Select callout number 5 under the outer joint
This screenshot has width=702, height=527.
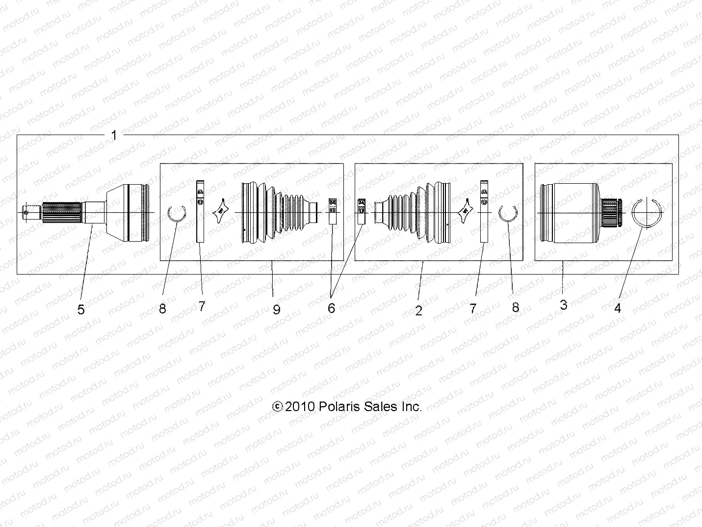[81, 309]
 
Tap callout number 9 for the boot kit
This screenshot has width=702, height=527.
[277, 309]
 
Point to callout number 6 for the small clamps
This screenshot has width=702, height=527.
[331, 308]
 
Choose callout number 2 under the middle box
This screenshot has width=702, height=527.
[418, 310]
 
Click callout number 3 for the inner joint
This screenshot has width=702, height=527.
[564, 305]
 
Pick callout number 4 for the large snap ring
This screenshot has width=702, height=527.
[618, 308]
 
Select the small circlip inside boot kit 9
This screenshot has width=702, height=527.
[177, 214]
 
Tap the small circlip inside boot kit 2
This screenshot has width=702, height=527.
[509, 213]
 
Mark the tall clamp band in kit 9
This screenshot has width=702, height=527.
[200, 212]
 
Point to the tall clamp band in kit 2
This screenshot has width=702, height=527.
[484, 212]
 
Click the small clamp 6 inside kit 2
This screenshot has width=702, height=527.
[362, 211]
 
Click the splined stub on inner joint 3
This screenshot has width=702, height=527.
[611, 212]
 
